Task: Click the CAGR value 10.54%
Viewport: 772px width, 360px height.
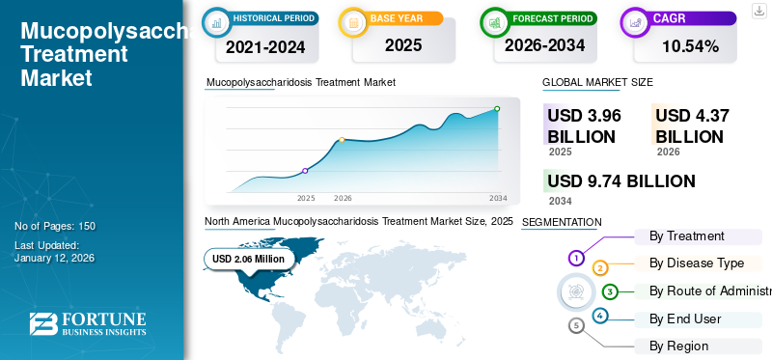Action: coord(690,46)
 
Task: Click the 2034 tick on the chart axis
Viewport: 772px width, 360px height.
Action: coord(498,198)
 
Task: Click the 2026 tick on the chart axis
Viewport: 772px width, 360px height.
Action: coord(343,198)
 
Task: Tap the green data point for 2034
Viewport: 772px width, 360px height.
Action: coord(497,109)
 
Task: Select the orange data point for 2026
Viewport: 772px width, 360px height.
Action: coord(342,140)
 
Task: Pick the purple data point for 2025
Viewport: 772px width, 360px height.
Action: coord(305,171)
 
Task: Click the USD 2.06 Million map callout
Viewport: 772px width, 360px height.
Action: coord(249,259)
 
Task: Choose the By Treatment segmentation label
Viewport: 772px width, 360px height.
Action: coord(686,235)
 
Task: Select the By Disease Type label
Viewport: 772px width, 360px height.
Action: coord(697,263)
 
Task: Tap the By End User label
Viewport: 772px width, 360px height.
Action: coord(685,318)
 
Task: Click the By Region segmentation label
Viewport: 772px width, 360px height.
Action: coord(678,346)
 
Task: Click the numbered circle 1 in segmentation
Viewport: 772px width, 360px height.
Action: coord(575,258)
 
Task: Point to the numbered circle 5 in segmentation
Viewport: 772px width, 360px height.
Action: coord(577,326)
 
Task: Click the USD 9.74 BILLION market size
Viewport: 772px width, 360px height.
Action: coord(620,181)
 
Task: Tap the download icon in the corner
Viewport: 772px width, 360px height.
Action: coord(758,11)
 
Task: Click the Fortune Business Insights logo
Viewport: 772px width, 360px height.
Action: coord(87,324)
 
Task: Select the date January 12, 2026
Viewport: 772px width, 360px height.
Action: coord(54,258)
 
